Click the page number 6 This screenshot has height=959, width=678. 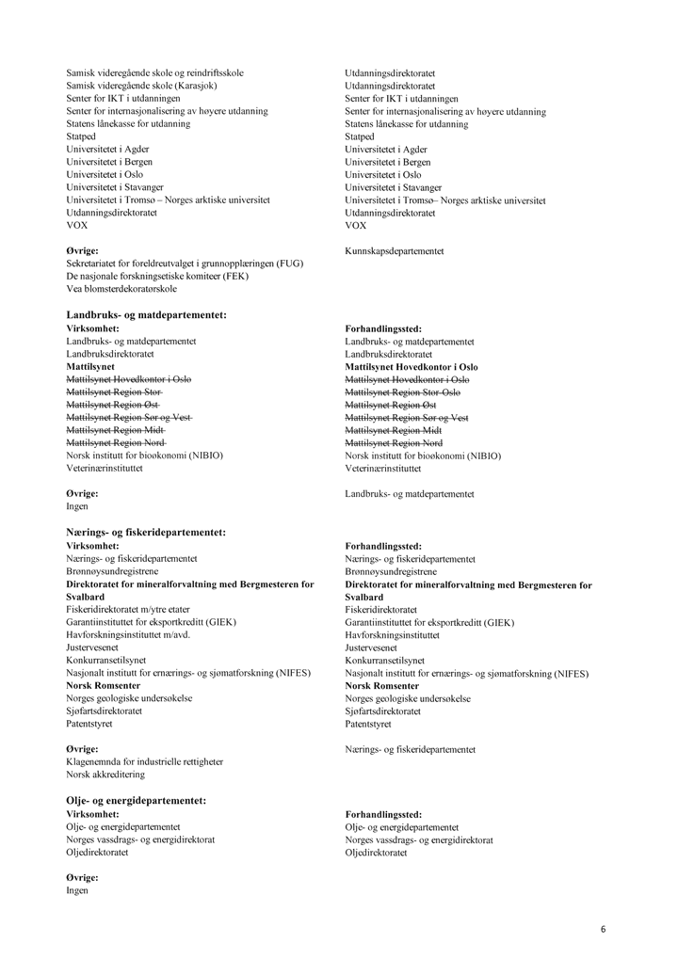pyautogui.click(x=603, y=929)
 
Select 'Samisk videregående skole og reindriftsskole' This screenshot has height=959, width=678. pyautogui.click(x=154, y=72)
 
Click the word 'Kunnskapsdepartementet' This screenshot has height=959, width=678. pyautogui.click(x=395, y=251)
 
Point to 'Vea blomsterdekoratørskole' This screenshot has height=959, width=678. pyautogui.click(x=121, y=289)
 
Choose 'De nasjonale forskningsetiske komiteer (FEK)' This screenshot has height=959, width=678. pyautogui.click(x=157, y=277)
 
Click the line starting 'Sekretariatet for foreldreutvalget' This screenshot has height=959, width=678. pyautogui.click(x=185, y=264)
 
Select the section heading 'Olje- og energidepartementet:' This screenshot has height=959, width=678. pyautogui.click(x=136, y=801)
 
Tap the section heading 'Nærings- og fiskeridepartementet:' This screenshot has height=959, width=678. pyautogui.click(x=146, y=533)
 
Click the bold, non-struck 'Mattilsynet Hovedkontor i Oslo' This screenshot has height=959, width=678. pyautogui.click(x=412, y=366)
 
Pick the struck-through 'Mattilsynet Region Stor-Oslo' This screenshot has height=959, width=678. pyautogui.click(x=403, y=392)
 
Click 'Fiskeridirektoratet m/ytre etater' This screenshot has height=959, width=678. pyautogui.click(x=127, y=610)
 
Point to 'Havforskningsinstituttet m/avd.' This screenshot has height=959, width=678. pyautogui.click(x=126, y=635)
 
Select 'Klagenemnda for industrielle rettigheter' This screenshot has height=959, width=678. pyautogui.click(x=145, y=761)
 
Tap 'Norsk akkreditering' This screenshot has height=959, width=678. pyautogui.click(x=105, y=775)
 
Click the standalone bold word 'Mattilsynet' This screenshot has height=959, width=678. pyautogui.click(x=90, y=366)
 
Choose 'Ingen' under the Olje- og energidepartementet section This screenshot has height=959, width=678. pyautogui.click(x=77, y=890)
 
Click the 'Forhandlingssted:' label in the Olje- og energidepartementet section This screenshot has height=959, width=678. pyautogui.click(x=383, y=814)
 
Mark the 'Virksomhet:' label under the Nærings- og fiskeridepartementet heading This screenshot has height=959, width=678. pyautogui.click(x=92, y=546)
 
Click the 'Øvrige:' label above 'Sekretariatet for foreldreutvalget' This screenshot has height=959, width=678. pyautogui.click(x=82, y=251)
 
